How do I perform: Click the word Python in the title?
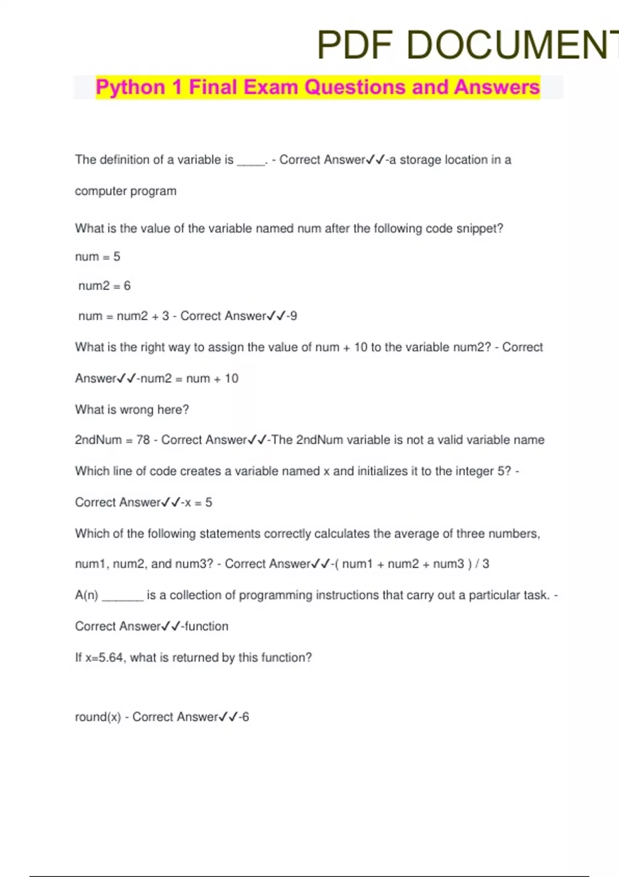[130, 87]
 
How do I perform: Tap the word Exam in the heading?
[271, 87]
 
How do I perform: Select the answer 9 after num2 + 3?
[294, 316]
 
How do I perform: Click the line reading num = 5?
[97, 256]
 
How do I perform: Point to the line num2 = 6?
[104, 286]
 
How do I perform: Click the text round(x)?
[98, 717]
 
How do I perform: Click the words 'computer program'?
[125, 191]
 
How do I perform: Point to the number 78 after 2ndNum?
[143, 440]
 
